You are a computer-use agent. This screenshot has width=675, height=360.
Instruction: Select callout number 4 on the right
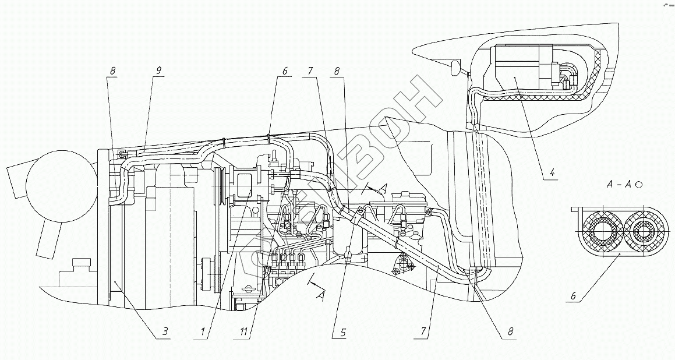(553, 172)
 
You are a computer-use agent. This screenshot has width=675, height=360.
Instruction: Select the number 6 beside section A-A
(574, 296)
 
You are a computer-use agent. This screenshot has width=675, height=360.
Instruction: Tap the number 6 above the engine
(285, 70)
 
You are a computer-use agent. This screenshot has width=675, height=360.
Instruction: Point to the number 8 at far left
(113, 70)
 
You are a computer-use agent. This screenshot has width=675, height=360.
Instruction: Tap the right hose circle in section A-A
(644, 232)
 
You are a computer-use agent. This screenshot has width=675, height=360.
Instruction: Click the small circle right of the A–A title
(639, 184)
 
